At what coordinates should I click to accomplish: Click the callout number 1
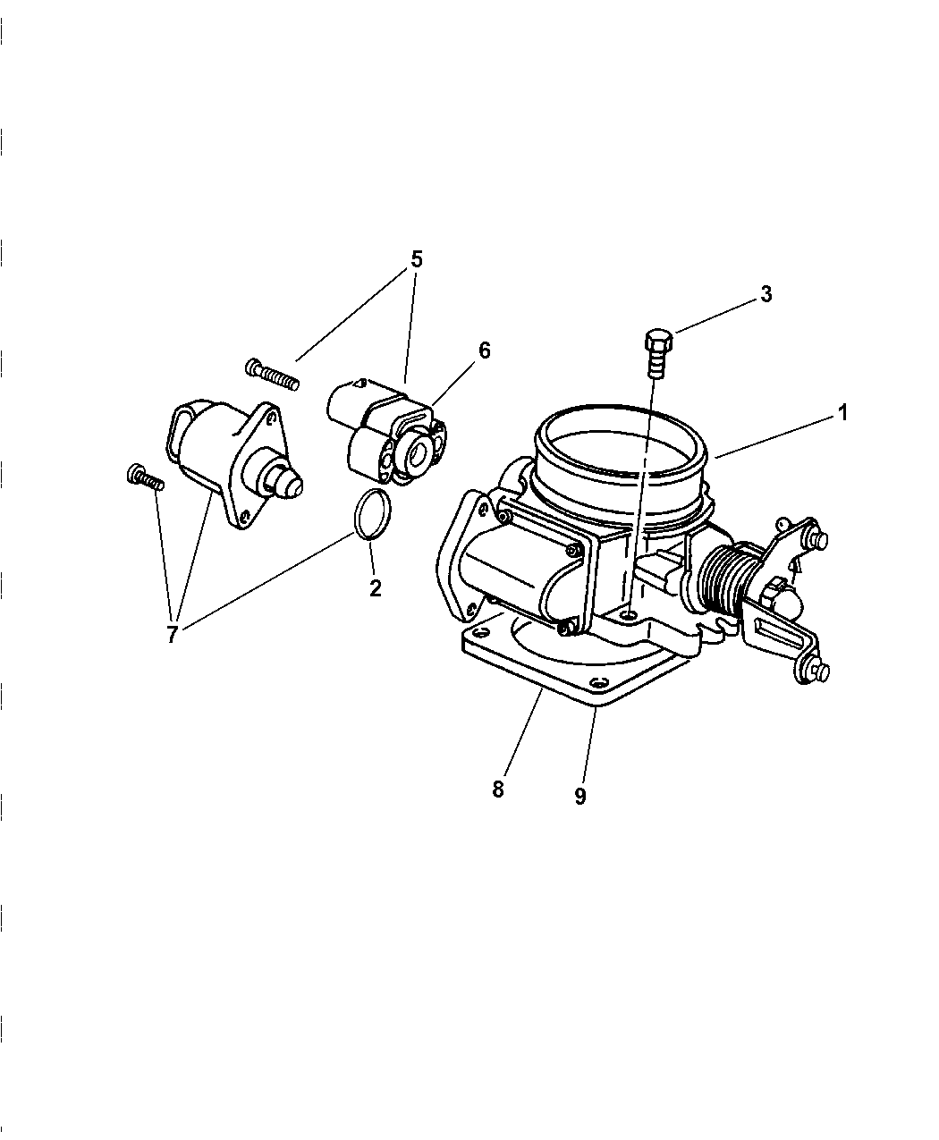click(842, 413)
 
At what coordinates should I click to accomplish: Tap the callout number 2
click(375, 588)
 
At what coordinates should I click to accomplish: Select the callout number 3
click(766, 294)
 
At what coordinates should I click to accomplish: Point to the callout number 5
click(416, 258)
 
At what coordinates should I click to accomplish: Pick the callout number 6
click(484, 350)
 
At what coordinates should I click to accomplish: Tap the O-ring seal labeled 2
click(373, 513)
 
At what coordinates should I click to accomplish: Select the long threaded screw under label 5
click(272, 374)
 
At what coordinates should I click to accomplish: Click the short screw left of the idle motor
click(145, 477)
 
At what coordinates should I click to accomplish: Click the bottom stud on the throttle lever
click(820, 672)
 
